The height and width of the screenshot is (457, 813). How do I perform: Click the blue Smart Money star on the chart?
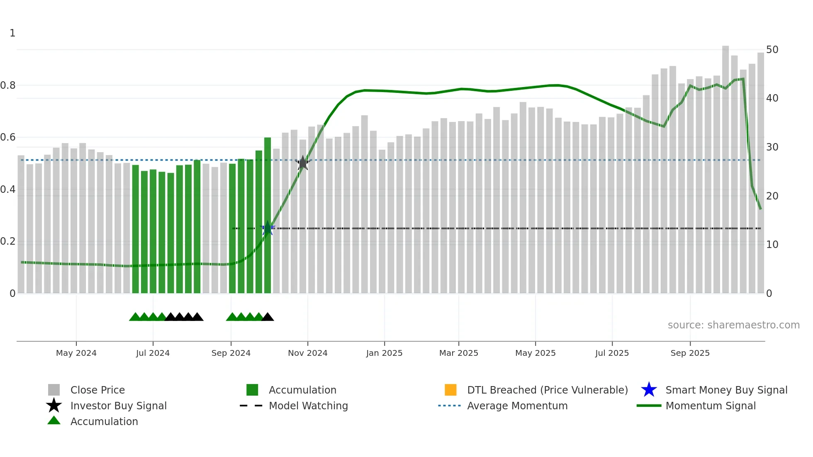tap(268, 228)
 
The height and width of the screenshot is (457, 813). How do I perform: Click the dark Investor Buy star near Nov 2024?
tap(303, 163)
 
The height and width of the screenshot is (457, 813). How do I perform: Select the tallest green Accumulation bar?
tap(268, 216)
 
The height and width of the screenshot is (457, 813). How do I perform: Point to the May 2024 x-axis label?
tap(76, 353)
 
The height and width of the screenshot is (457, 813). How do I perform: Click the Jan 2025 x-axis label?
tap(384, 353)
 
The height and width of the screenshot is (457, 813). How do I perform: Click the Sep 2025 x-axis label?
tap(690, 353)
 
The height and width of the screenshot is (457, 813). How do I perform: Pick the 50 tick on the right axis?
tap(772, 50)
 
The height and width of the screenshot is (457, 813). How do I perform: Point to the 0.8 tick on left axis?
tap(8, 85)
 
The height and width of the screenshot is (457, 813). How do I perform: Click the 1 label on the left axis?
tap(12, 33)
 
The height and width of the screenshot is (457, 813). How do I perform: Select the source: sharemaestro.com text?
tap(733, 325)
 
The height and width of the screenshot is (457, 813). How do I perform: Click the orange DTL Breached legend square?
tap(450, 390)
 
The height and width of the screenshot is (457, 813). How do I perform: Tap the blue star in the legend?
tap(649, 390)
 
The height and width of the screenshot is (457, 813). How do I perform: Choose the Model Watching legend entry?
tap(308, 406)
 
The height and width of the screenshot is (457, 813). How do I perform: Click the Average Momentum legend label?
tap(517, 406)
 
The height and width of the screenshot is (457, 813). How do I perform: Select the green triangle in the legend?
tap(54, 421)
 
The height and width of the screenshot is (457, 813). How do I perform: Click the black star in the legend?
tap(54, 406)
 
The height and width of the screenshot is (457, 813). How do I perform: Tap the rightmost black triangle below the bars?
tap(268, 317)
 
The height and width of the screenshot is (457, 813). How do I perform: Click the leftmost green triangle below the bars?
tap(135, 317)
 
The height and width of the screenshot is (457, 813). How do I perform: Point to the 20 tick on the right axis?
tap(772, 196)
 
